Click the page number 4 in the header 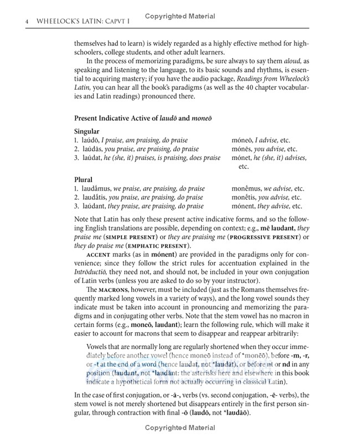[x=11, y=21]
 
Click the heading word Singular [x=87, y=131]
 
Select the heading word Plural [x=83, y=179]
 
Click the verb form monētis [x=244, y=197]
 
